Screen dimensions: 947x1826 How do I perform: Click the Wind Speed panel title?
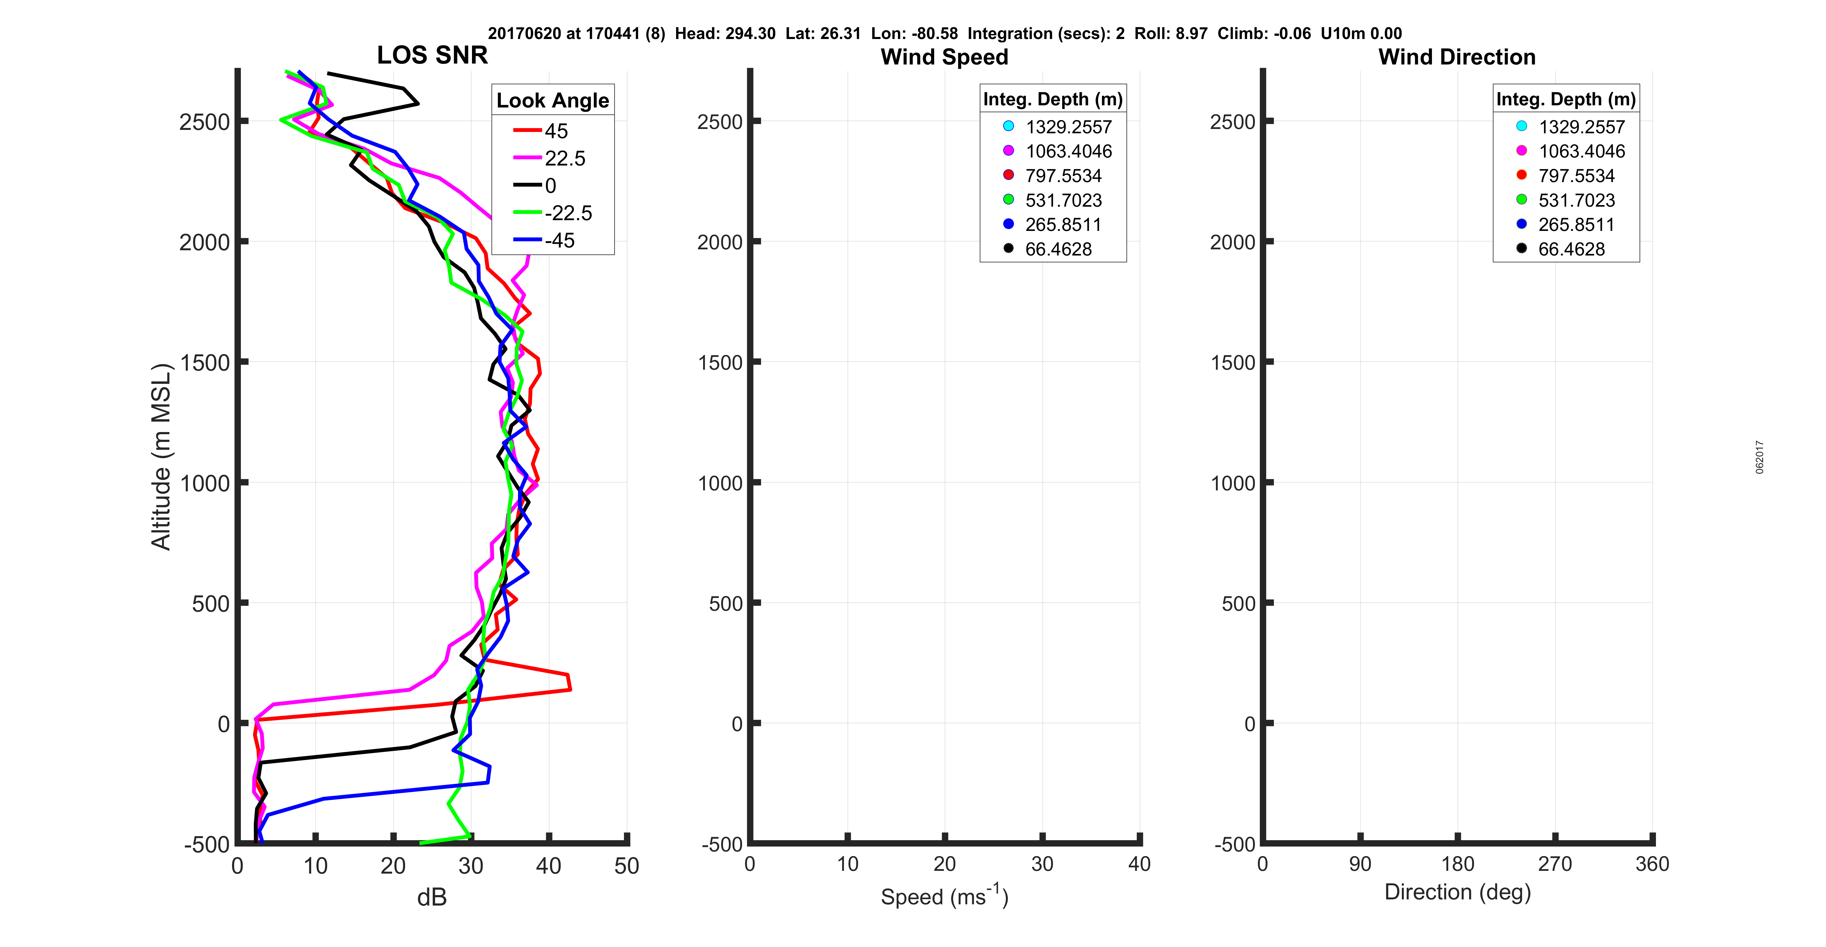pos(944,57)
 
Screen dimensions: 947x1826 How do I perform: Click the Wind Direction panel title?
pos(1457,57)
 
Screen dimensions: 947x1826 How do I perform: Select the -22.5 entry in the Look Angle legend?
pos(568,213)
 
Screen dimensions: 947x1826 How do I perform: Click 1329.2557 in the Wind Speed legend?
pos(1068,127)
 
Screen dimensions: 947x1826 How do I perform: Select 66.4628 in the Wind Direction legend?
pos(1571,249)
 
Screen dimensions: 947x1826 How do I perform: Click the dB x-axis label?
pos(432,897)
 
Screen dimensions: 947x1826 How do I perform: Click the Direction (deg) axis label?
pos(1457,892)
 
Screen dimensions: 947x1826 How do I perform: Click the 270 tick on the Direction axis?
pos(1554,864)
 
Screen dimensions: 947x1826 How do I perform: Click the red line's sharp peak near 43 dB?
pos(569,688)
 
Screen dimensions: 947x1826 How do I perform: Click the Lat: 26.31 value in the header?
pos(823,33)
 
